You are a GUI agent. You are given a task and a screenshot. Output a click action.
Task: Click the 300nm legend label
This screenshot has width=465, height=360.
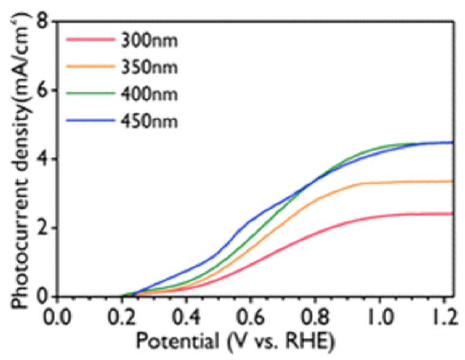tap(149, 40)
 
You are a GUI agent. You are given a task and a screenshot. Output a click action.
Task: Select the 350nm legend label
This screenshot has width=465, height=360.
tap(149, 66)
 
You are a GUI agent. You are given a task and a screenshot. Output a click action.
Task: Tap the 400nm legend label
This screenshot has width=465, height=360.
tap(149, 94)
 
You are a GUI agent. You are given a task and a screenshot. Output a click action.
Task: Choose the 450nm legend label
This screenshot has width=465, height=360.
tap(149, 121)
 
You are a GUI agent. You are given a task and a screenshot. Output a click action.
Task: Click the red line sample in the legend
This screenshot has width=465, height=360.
tap(90, 40)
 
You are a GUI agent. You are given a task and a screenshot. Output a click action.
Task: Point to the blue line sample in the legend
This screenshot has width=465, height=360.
tap(90, 120)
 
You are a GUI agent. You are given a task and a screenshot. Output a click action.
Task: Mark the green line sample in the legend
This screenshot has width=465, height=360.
tap(90, 93)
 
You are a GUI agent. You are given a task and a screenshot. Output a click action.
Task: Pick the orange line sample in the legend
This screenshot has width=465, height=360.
tap(90, 66)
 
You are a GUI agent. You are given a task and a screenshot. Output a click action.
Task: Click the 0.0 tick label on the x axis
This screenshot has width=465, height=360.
tap(57, 317)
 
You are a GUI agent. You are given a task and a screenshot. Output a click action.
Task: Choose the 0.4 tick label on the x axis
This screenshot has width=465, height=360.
tap(186, 317)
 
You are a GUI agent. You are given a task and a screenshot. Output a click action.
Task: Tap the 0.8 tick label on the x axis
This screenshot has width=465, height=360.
tap(316, 317)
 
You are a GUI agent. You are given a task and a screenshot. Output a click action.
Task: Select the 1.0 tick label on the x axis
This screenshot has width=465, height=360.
tap(380, 317)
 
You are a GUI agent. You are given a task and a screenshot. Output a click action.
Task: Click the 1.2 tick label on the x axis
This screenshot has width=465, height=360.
tap(445, 317)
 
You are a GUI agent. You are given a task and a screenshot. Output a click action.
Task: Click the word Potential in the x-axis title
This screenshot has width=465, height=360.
tap(177, 341)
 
